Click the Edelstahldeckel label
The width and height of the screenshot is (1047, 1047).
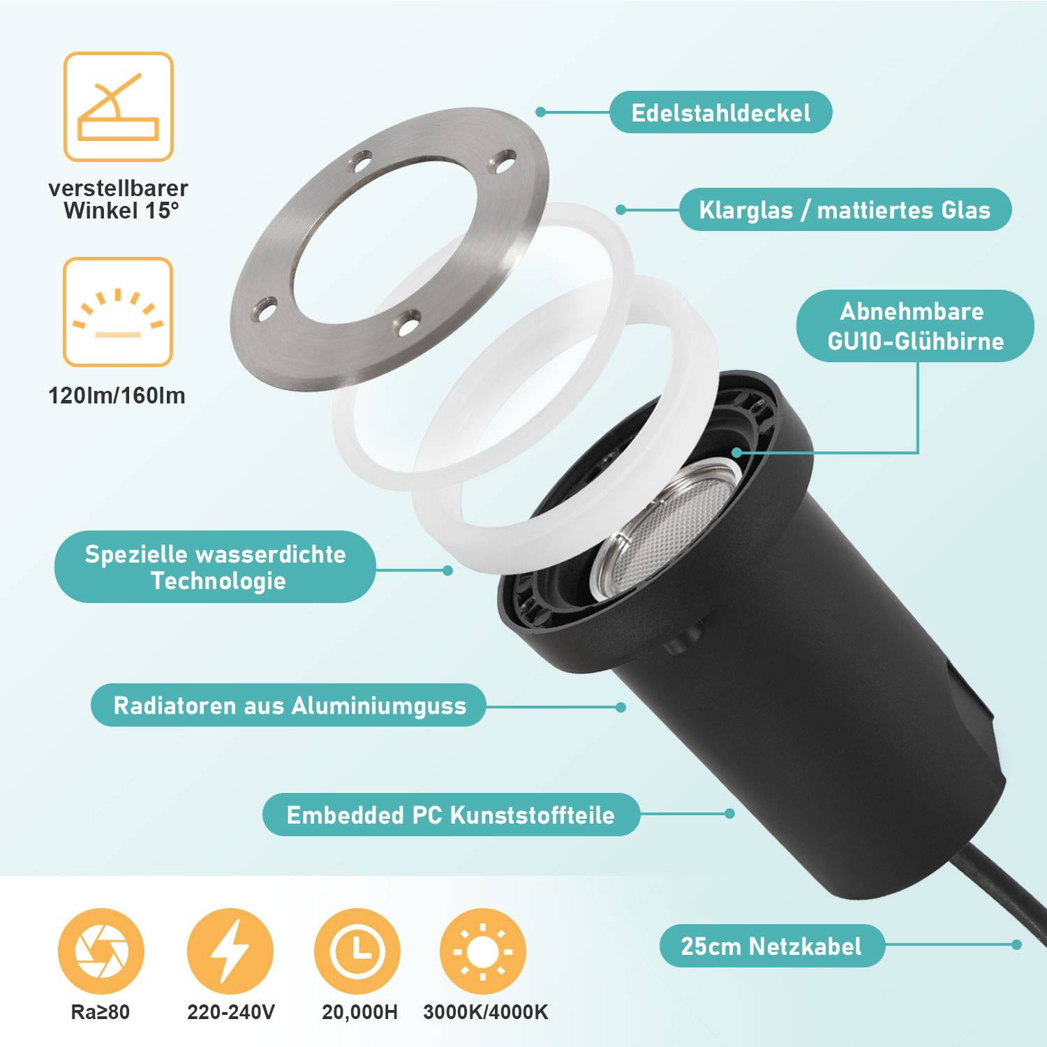(x=720, y=112)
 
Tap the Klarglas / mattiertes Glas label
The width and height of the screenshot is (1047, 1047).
(x=845, y=209)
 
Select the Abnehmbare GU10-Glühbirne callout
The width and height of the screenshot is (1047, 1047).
(x=914, y=326)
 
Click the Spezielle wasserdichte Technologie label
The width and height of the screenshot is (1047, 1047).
(x=215, y=567)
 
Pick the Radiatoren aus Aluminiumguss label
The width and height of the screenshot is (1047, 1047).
(x=289, y=705)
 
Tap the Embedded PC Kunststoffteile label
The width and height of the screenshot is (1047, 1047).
(x=451, y=815)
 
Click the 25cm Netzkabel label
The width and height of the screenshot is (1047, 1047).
(x=771, y=946)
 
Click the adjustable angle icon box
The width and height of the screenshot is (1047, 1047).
(x=118, y=107)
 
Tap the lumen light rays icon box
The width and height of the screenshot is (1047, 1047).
(x=118, y=312)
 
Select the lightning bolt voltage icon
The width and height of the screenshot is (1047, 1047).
(x=230, y=951)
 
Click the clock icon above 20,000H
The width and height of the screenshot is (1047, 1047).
(x=357, y=951)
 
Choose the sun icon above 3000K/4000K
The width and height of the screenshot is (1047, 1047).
(x=483, y=951)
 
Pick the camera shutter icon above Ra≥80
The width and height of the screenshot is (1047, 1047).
(x=101, y=951)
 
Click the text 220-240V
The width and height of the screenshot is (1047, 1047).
(x=231, y=1012)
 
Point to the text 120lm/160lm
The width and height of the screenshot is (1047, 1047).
(x=117, y=396)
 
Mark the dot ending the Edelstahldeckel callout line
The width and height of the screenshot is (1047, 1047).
(x=540, y=112)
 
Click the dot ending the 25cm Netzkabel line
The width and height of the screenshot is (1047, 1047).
(x=1016, y=944)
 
